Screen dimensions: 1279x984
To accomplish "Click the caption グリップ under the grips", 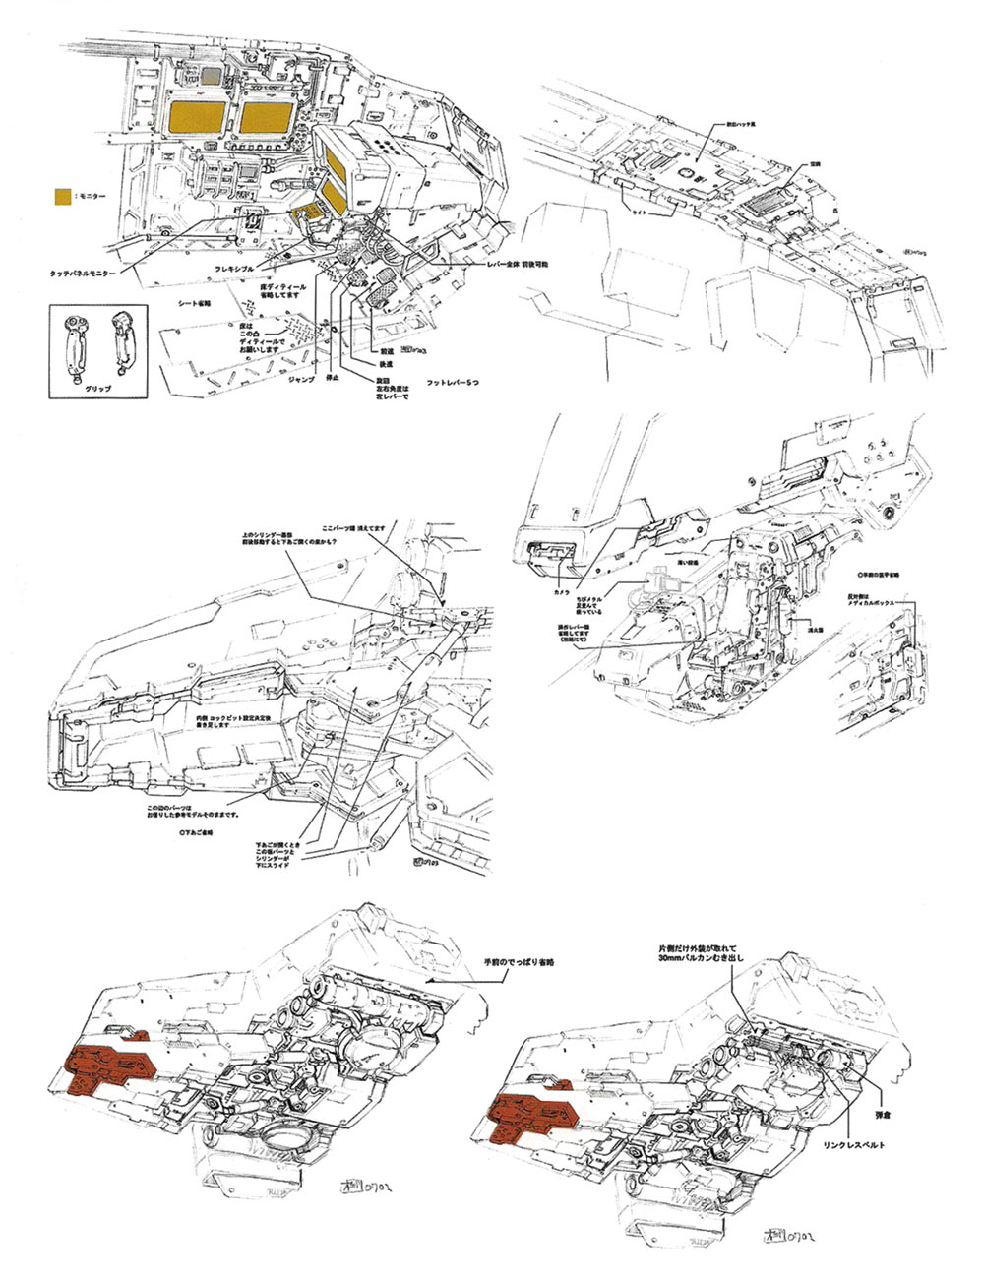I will (98, 389).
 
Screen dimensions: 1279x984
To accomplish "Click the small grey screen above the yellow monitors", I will (210, 75).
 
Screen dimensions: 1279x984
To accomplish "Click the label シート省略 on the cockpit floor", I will (195, 304).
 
